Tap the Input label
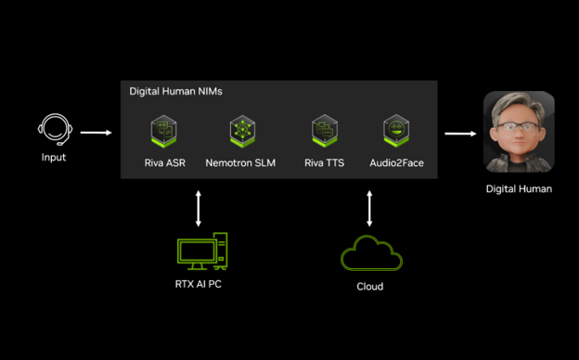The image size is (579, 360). (x=54, y=158)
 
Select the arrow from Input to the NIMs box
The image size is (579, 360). (x=96, y=133)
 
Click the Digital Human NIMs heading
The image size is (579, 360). (x=175, y=91)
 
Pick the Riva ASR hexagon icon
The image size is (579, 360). (x=163, y=131)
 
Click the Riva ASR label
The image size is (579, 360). (x=164, y=162)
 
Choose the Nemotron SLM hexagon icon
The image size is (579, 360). (x=242, y=131)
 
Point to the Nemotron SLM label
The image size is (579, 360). (x=240, y=162)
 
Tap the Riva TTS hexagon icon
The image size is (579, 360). (x=325, y=131)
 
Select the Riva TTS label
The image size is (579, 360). (x=324, y=162)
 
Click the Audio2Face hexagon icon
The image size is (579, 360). (x=396, y=131)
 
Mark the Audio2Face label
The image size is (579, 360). (x=396, y=162)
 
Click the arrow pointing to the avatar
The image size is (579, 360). (x=460, y=134)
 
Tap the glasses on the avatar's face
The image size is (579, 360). (x=518, y=126)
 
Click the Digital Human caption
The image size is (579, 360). (x=519, y=189)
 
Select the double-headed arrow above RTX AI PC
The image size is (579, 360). (x=199, y=209)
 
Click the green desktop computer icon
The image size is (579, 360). (x=202, y=251)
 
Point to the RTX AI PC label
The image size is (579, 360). (x=199, y=284)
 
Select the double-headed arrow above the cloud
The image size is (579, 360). (x=369, y=209)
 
